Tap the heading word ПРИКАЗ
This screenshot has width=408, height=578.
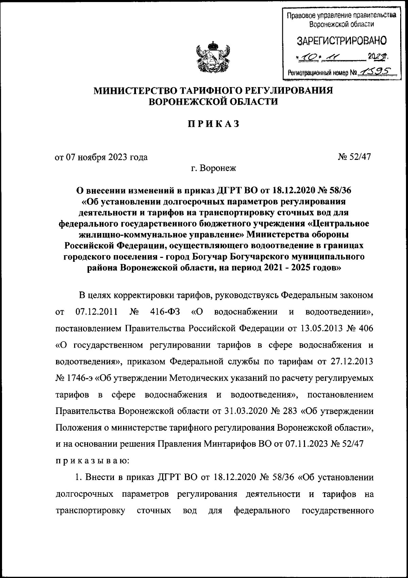coord(214,124)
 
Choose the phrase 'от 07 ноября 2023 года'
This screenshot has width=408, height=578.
coord(101,157)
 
